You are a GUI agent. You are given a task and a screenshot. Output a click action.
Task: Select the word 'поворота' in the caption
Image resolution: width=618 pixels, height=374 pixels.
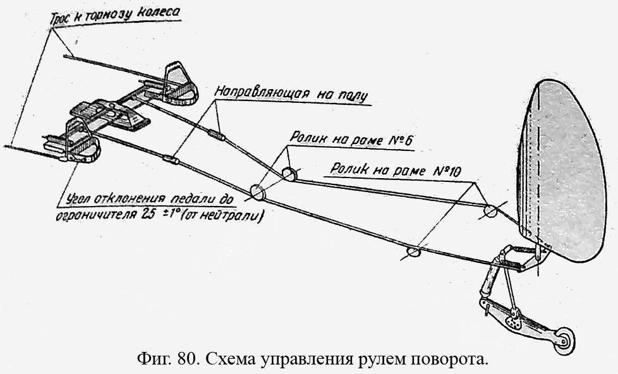454,360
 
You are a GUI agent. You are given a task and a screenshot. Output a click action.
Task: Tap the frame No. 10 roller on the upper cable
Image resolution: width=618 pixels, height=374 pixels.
490,210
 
